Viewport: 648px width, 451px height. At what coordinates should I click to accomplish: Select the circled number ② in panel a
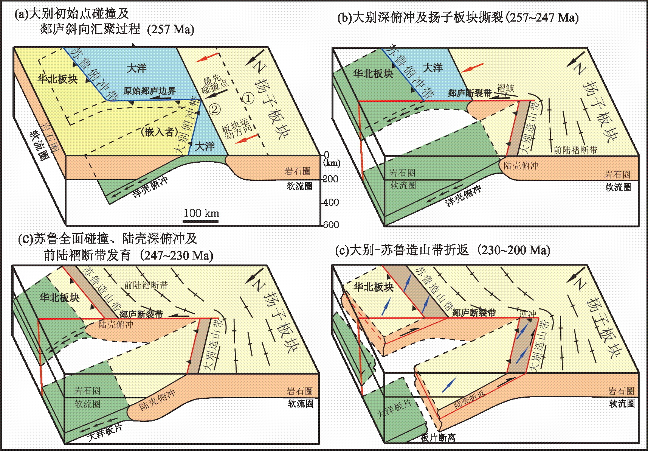coord(214,110)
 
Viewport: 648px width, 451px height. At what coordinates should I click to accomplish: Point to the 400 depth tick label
coord(331,202)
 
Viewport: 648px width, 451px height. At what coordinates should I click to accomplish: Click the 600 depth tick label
coord(331,225)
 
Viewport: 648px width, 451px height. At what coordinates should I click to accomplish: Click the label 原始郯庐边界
coord(150,91)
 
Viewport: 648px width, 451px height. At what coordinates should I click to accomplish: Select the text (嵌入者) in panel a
coord(159,132)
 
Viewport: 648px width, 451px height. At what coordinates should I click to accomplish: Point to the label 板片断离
coord(438,438)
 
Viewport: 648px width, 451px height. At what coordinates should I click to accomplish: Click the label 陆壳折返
coord(469,399)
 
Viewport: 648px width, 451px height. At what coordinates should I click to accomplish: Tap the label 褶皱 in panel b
coord(505,88)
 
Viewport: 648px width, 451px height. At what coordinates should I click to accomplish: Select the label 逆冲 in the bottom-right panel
coord(528,314)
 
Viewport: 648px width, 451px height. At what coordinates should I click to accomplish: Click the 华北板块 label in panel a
coord(57,79)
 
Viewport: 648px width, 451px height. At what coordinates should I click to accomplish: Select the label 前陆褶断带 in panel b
coord(575,150)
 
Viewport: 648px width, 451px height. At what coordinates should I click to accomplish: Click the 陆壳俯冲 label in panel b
coord(521,165)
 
